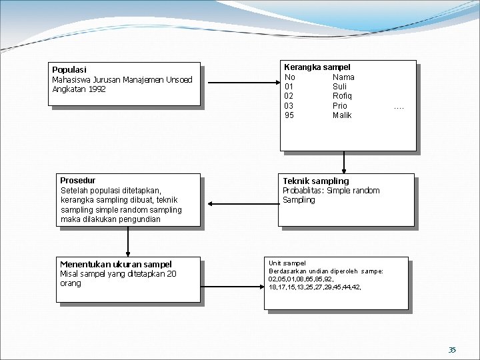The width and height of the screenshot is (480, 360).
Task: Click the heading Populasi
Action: (x=69, y=69)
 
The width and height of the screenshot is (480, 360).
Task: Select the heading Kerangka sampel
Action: (x=317, y=67)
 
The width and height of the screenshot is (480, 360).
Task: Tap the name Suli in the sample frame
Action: (x=340, y=87)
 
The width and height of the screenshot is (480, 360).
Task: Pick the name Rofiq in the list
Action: (x=342, y=96)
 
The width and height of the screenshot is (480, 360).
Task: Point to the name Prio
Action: (x=340, y=106)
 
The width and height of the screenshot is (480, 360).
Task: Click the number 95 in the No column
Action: (x=289, y=115)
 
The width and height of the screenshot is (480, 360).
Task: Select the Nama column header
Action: (x=343, y=77)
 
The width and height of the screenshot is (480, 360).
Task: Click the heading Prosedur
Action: (x=77, y=181)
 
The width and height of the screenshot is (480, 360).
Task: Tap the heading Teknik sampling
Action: (x=315, y=181)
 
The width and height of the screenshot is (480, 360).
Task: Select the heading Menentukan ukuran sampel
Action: (x=116, y=265)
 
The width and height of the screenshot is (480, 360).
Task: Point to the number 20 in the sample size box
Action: (x=172, y=274)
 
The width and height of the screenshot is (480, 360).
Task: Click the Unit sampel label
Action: (x=287, y=263)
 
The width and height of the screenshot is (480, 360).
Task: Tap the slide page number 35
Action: (x=452, y=349)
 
